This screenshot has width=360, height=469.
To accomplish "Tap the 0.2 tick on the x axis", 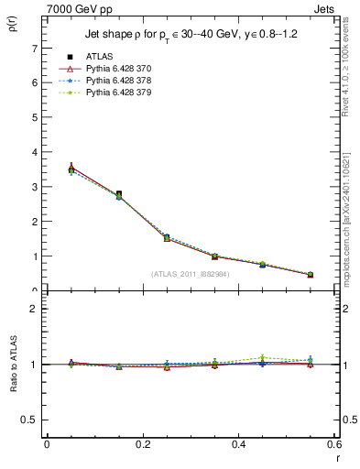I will coord(143,444).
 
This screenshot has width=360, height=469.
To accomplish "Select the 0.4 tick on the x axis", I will coord(239,444).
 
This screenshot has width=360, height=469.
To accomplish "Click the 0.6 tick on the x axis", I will coord(334,444).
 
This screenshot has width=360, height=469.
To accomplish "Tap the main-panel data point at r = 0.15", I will coord(119,194).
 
